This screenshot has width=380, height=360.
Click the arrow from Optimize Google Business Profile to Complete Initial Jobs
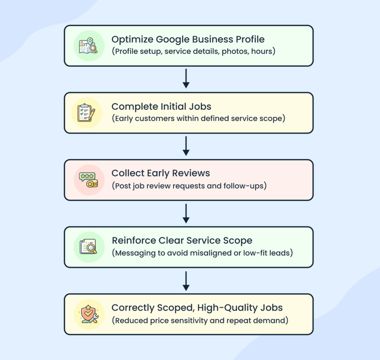(x=186, y=79)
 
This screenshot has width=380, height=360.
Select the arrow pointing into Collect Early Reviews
(x=186, y=146)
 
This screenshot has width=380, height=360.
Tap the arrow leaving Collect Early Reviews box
(x=186, y=213)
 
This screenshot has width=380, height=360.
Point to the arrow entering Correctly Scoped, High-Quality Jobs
(x=186, y=281)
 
